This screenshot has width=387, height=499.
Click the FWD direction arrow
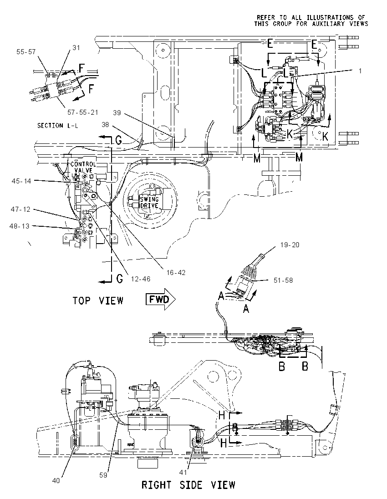click(x=161, y=299)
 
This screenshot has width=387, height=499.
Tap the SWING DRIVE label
click(x=149, y=203)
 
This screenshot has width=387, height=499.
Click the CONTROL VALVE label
click(x=83, y=167)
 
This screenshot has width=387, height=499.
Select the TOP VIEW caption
click(x=98, y=300)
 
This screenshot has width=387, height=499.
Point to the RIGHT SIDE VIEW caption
click(x=188, y=485)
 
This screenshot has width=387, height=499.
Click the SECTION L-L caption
click(x=58, y=126)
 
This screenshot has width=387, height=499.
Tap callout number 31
click(x=76, y=48)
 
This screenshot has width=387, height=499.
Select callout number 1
click(x=360, y=71)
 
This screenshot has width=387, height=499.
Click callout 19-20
click(x=290, y=245)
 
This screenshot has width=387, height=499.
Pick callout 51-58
click(x=283, y=280)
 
